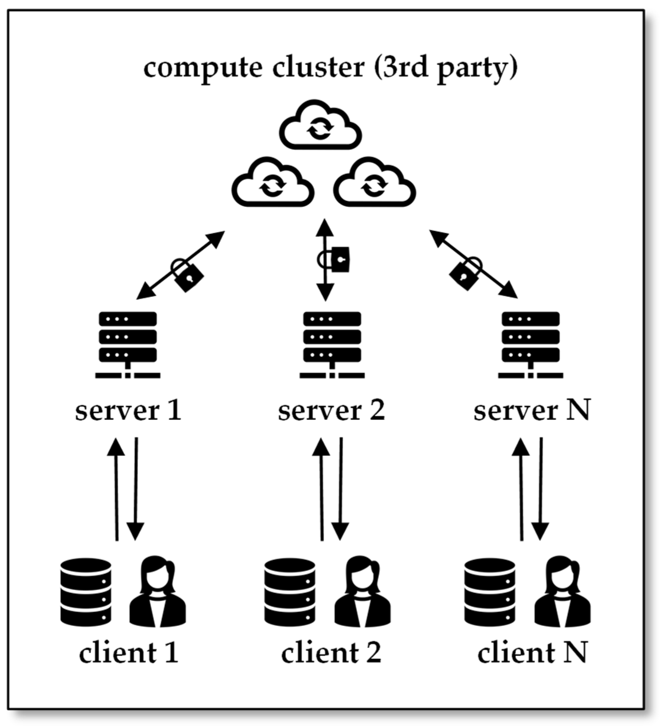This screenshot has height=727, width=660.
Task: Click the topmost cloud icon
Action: click(320, 125)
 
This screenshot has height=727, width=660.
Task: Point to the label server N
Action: click(532, 411)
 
